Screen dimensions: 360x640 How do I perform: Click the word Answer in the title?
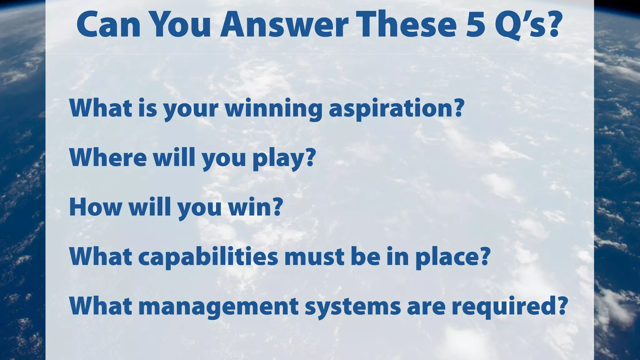(284, 25)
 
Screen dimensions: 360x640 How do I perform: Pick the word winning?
(274, 109)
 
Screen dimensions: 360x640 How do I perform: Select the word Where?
(108, 157)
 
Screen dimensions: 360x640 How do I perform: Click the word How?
(95, 207)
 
